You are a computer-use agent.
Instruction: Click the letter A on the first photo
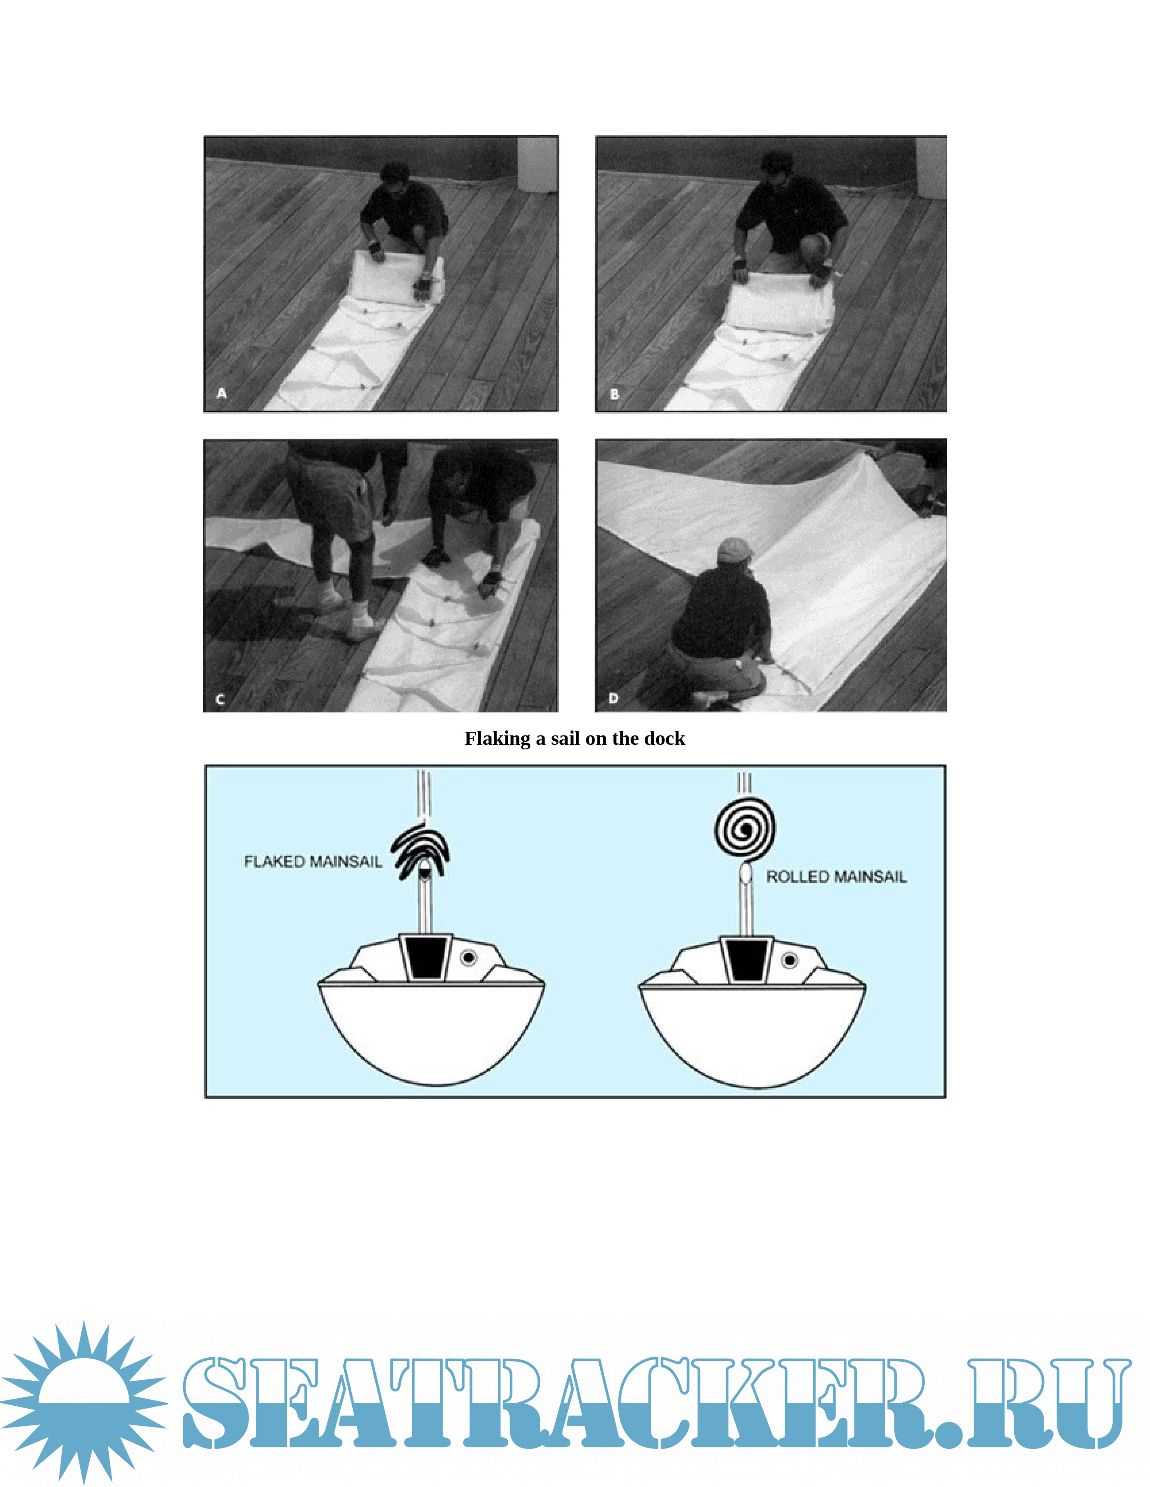coord(221,393)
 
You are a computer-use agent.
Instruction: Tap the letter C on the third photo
coord(220,699)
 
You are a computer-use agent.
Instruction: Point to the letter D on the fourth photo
coord(613,698)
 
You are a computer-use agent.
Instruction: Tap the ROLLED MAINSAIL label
coord(837,876)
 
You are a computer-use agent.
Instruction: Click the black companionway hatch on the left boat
coord(424,958)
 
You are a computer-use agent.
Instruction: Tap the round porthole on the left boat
coord(468,958)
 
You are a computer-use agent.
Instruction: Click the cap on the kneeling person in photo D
coord(731,550)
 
